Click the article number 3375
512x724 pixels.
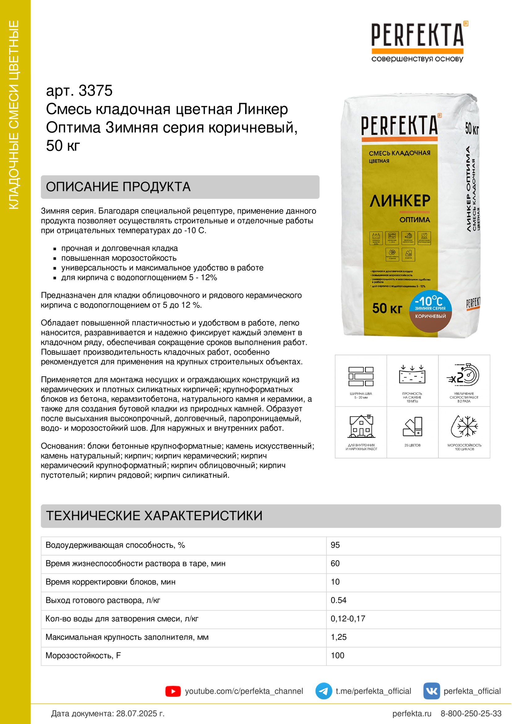click(x=95, y=91)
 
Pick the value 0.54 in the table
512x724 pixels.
click(x=338, y=600)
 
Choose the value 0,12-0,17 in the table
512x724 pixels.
click(x=348, y=618)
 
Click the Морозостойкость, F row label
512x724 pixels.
click(x=83, y=655)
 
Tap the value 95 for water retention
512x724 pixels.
click(x=335, y=545)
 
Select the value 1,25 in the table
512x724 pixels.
click(x=339, y=637)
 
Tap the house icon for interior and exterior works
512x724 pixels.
click(x=361, y=426)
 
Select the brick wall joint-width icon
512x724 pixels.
click(x=361, y=376)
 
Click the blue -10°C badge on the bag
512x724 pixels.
click(x=430, y=301)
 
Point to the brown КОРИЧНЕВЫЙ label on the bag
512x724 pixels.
click(x=430, y=317)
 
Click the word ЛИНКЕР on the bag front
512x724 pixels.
click(x=400, y=201)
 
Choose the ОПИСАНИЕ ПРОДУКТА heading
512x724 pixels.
click(x=118, y=187)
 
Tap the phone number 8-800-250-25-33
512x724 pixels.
click(x=471, y=713)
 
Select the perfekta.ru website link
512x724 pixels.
click(x=412, y=713)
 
